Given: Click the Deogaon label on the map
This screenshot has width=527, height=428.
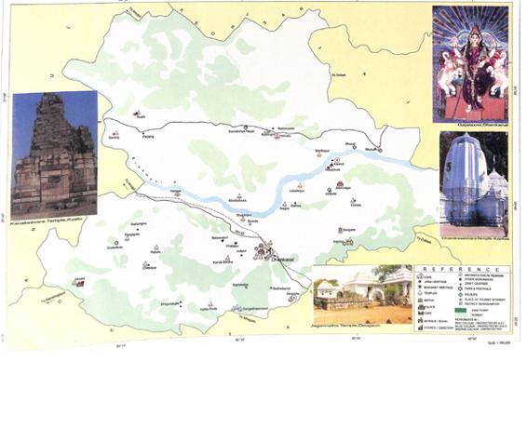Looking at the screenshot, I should click(x=348, y=230).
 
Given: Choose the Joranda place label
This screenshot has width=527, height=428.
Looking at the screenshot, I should click(x=331, y=194).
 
